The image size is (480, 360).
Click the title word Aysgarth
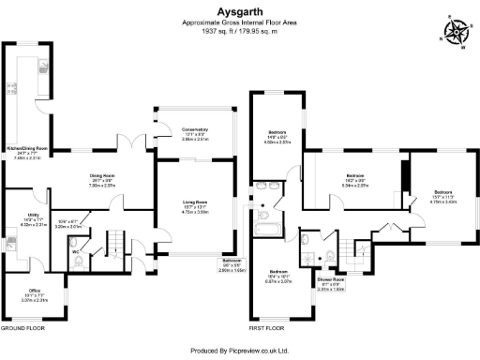239,13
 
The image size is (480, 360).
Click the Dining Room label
101,176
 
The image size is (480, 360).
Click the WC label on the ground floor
75,252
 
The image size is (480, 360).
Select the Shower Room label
330,279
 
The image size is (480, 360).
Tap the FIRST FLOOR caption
269,329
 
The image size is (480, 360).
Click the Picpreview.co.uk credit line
239,351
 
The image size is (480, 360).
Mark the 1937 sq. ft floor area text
239,30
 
